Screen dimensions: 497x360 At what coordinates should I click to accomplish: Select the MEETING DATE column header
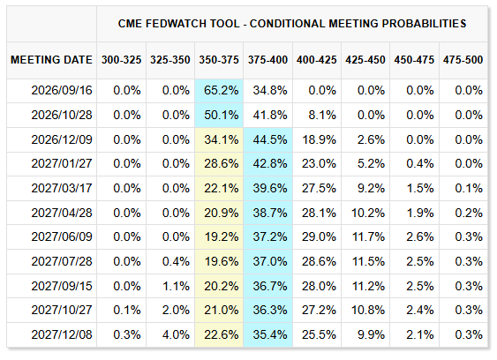click(51, 60)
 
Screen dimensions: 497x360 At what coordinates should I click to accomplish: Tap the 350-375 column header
click(219, 60)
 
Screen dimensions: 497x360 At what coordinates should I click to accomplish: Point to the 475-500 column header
click(463, 60)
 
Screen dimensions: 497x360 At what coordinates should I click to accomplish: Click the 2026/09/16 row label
click(62, 90)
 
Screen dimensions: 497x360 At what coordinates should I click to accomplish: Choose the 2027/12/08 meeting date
click(62, 334)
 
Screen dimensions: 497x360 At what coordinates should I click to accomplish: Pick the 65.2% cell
click(221, 90)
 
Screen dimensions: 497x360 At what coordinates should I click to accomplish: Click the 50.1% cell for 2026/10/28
click(221, 115)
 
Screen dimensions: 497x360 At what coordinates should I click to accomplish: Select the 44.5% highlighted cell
click(270, 139)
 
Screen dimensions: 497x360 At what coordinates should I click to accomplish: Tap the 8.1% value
click(322, 115)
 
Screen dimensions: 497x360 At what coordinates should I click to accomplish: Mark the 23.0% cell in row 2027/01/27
click(319, 163)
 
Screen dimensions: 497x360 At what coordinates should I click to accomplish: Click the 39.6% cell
click(270, 188)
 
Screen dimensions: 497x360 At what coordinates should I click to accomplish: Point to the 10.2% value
click(368, 213)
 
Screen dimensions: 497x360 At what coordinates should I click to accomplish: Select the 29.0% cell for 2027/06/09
click(319, 236)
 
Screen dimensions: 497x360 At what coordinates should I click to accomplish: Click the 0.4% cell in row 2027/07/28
click(176, 261)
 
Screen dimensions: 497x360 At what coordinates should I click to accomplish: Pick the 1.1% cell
click(176, 286)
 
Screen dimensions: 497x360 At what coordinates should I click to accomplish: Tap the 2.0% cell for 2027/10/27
click(176, 310)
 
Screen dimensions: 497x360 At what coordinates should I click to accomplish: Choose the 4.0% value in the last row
click(176, 334)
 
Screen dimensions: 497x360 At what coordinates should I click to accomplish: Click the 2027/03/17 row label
click(62, 188)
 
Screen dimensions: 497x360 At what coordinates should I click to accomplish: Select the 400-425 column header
click(316, 60)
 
